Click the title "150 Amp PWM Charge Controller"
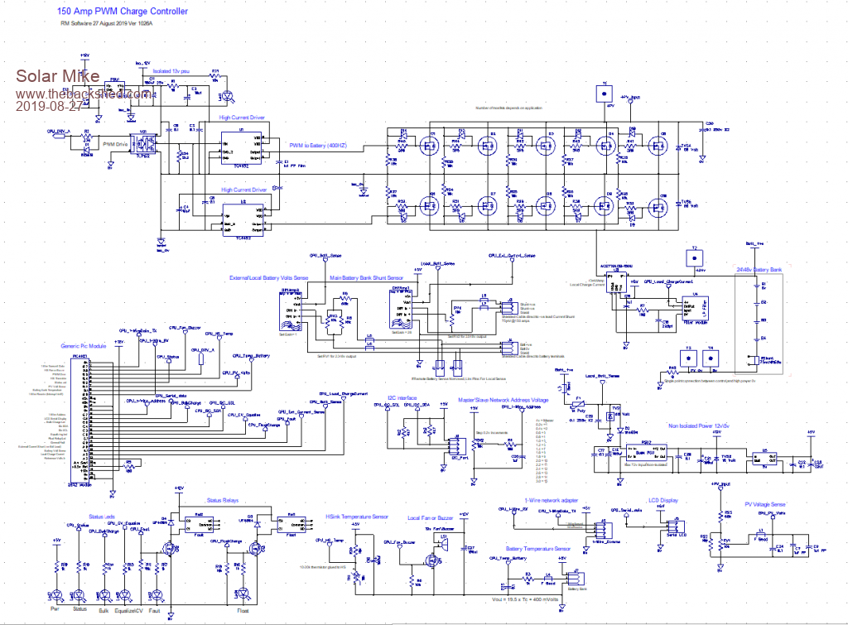122,12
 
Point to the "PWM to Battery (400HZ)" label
319,147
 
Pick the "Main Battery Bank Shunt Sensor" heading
367,278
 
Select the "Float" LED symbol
244,592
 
